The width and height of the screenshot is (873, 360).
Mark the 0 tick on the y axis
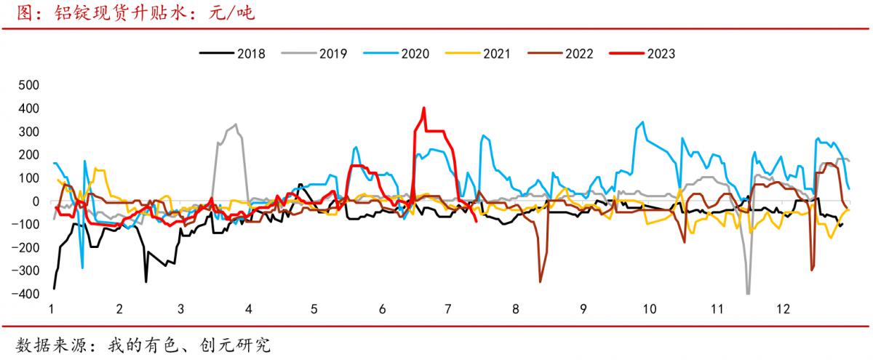[x=33, y=201]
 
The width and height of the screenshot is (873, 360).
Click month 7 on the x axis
[x=447, y=309]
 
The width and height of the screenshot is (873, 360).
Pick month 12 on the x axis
[x=783, y=309]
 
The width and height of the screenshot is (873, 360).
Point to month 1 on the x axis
[x=52, y=309]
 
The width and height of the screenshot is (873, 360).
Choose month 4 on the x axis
[x=249, y=309]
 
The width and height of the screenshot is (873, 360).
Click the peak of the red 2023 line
[x=423, y=108]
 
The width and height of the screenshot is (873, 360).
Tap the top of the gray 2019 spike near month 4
[x=235, y=124]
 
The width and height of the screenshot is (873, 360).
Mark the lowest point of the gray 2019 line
[x=748, y=293]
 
